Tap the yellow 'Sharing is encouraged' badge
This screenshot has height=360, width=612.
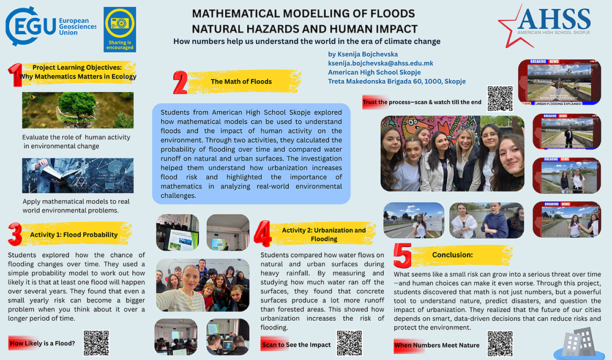coord(119,29)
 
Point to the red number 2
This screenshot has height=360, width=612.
coord(180,82)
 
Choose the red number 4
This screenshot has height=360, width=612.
coord(263,234)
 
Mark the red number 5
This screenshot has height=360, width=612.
coord(402,255)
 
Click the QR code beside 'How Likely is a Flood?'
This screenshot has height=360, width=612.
coord(96,343)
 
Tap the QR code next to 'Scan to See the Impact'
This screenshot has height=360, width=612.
coord(349,343)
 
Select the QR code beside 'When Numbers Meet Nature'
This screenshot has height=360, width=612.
coord(499,343)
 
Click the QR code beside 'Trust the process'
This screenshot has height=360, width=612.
coord(499,98)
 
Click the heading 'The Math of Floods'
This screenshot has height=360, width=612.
coord(241,81)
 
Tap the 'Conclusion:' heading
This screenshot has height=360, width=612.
coord(452,255)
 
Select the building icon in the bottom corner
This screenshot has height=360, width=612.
coord(575,343)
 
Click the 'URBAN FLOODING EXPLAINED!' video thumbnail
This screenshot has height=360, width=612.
coord(559,83)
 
